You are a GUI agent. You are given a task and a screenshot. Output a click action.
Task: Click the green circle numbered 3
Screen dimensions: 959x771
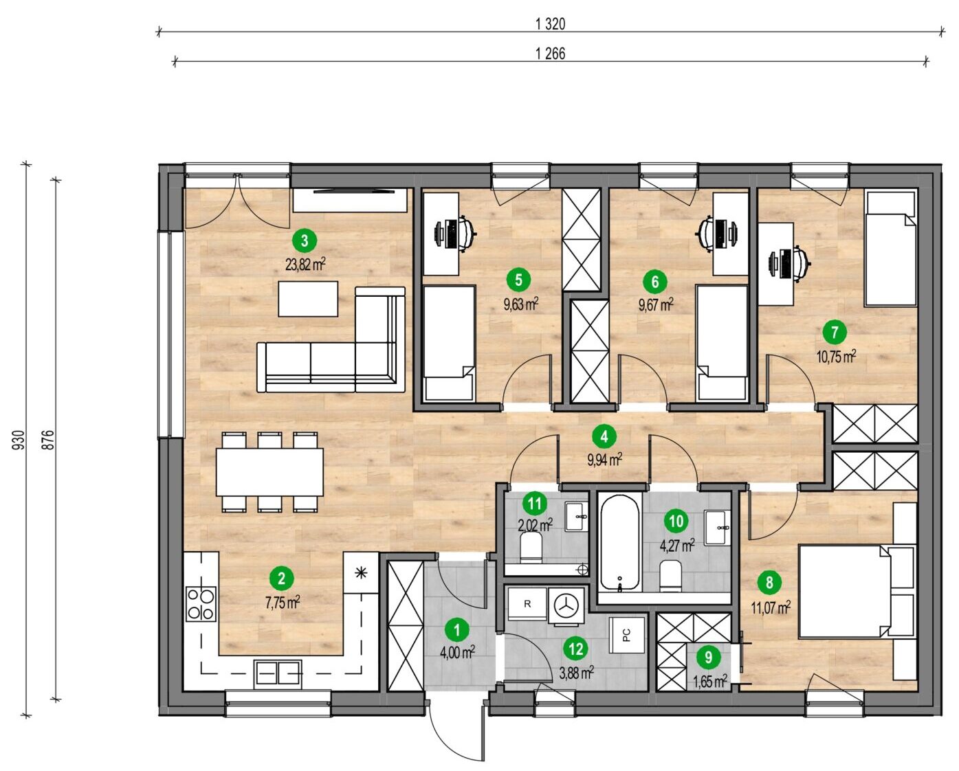pos(305,241)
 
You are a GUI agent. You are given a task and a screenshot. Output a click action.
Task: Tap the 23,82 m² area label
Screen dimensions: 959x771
pos(305,265)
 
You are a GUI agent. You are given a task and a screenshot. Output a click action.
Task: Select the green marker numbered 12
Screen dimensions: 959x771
pos(576,649)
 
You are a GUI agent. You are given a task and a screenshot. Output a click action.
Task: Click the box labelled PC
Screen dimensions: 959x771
pos(626,635)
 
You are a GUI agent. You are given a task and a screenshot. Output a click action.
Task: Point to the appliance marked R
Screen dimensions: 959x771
pos(527,605)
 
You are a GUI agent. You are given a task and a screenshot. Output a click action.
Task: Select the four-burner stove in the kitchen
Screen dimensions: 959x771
pos(201,604)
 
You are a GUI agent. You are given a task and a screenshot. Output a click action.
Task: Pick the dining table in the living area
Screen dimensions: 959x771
pos(269,472)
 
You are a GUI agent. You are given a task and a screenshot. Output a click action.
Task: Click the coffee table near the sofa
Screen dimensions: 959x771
pos(308,299)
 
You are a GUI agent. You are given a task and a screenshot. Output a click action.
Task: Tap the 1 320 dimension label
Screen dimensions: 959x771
pos(551,23)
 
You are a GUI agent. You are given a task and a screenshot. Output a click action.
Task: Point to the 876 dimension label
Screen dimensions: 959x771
pos(48,440)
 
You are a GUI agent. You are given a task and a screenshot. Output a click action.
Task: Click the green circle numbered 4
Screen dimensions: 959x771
pos(604,437)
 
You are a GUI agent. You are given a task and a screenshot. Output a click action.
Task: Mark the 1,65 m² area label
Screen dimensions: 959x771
pos(710,682)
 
